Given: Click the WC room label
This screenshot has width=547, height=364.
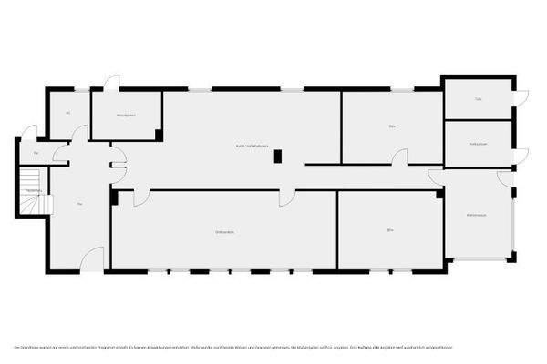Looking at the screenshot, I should (68, 114).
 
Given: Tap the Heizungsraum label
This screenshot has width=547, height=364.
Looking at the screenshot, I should (126, 116).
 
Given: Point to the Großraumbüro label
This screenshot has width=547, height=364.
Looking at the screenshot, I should (225, 232).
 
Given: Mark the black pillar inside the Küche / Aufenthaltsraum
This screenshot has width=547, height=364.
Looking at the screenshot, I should (279, 156).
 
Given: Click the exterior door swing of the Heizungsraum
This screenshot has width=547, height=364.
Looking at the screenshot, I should (111, 82).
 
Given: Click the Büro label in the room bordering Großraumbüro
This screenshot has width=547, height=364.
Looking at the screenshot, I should (389, 230).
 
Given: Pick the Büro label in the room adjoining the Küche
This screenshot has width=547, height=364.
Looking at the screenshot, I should (392, 126).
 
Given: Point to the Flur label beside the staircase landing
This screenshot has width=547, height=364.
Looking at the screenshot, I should (36, 153).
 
